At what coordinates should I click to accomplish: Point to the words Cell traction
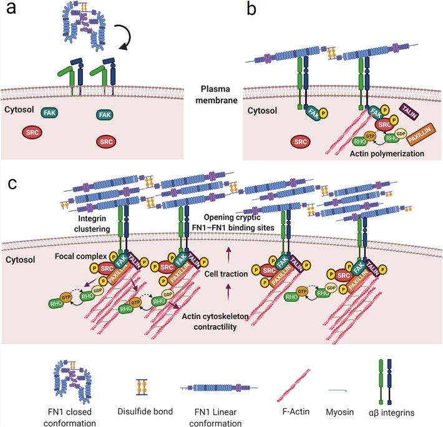coord(229,273)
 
